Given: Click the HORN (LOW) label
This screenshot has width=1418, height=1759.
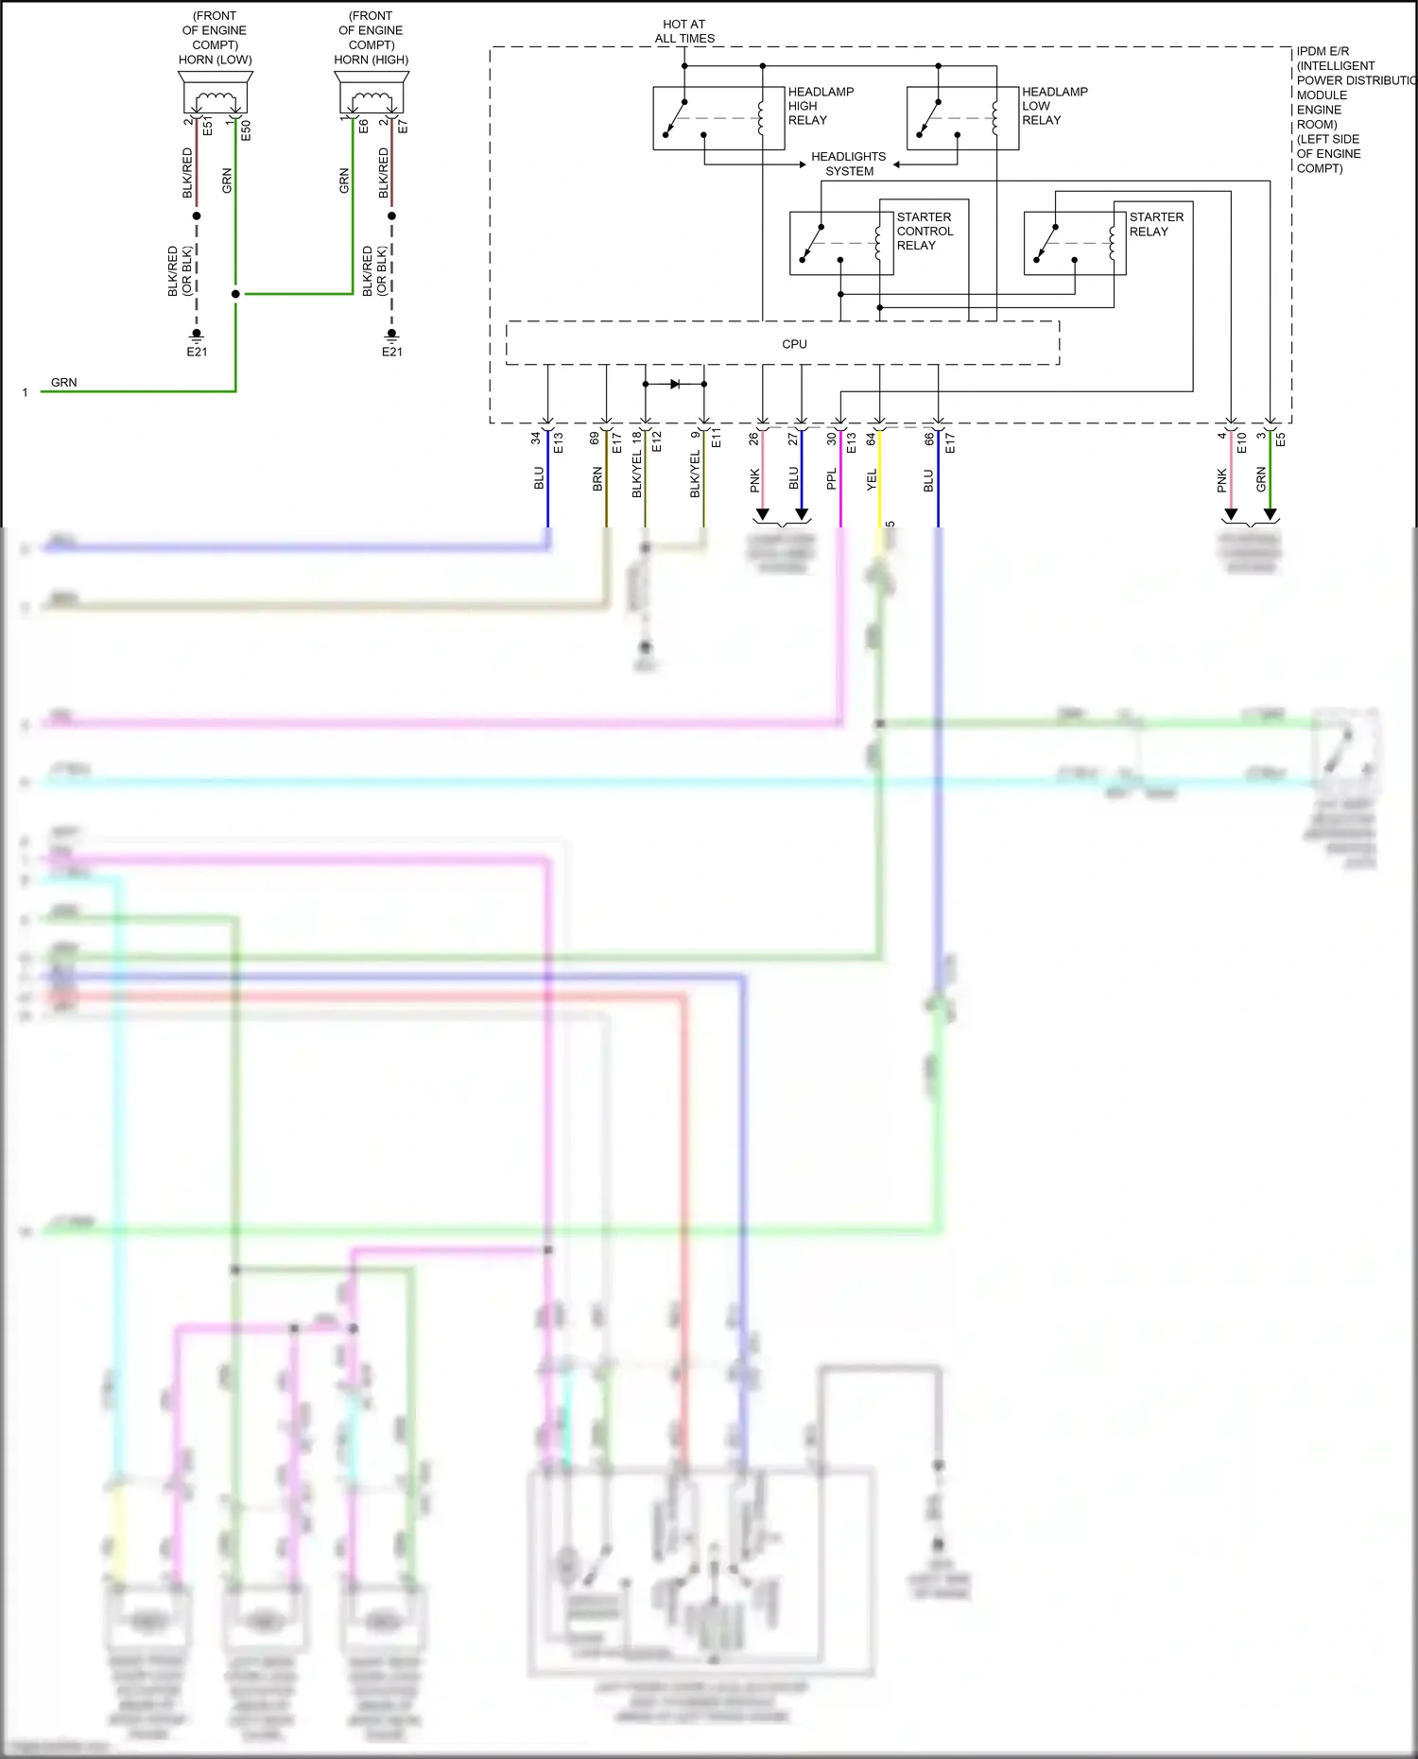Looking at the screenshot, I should [x=215, y=60].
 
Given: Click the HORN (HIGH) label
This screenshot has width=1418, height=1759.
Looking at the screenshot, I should [x=371, y=60].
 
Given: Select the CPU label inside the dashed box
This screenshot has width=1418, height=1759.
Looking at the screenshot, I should [x=794, y=344].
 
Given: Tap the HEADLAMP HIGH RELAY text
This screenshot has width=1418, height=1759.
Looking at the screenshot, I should [x=820, y=106].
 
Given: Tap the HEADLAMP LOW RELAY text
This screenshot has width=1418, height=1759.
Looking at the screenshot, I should [x=1053, y=106].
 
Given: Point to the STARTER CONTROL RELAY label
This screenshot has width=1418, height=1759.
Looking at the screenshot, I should [x=924, y=231].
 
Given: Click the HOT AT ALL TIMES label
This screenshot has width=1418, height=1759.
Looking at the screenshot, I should [x=684, y=31].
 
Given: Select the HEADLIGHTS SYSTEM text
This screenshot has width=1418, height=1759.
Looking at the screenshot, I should [x=848, y=164].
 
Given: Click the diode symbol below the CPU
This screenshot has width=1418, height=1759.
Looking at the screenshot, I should [x=675, y=384].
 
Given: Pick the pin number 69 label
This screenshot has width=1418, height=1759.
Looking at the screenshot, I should [x=595, y=439].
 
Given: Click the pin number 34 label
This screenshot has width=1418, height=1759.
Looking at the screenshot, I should [x=536, y=439].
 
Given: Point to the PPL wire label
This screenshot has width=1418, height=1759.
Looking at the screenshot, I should [x=832, y=479].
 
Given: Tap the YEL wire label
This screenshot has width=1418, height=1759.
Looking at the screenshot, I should [x=872, y=479].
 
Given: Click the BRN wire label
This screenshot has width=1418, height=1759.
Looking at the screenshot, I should [x=597, y=479].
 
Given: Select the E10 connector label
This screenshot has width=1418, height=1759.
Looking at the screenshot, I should [x=1242, y=441].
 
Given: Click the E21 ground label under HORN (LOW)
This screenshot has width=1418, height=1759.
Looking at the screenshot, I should [x=197, y=352].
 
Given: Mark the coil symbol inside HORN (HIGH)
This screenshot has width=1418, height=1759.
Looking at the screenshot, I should [x=372, y=98].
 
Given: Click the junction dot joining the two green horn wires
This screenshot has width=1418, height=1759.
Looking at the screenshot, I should [x=235, y=294].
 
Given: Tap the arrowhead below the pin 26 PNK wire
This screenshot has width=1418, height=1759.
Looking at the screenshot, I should [x=763, y=515].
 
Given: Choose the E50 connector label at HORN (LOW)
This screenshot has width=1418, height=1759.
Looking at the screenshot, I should [x=246, y=130].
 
